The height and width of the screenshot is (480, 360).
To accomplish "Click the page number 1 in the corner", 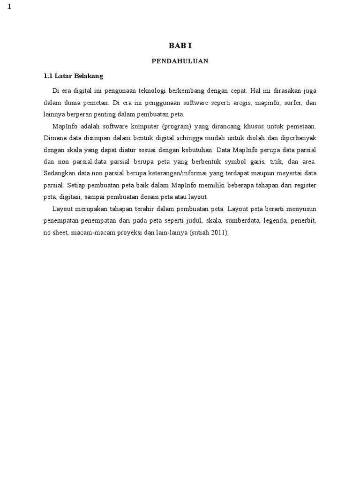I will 9,6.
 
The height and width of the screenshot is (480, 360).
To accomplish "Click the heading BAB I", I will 180,46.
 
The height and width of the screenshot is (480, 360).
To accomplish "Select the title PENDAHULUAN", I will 180,61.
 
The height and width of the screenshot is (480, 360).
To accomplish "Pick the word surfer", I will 293,102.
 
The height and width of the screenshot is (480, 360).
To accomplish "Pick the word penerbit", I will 305,220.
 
